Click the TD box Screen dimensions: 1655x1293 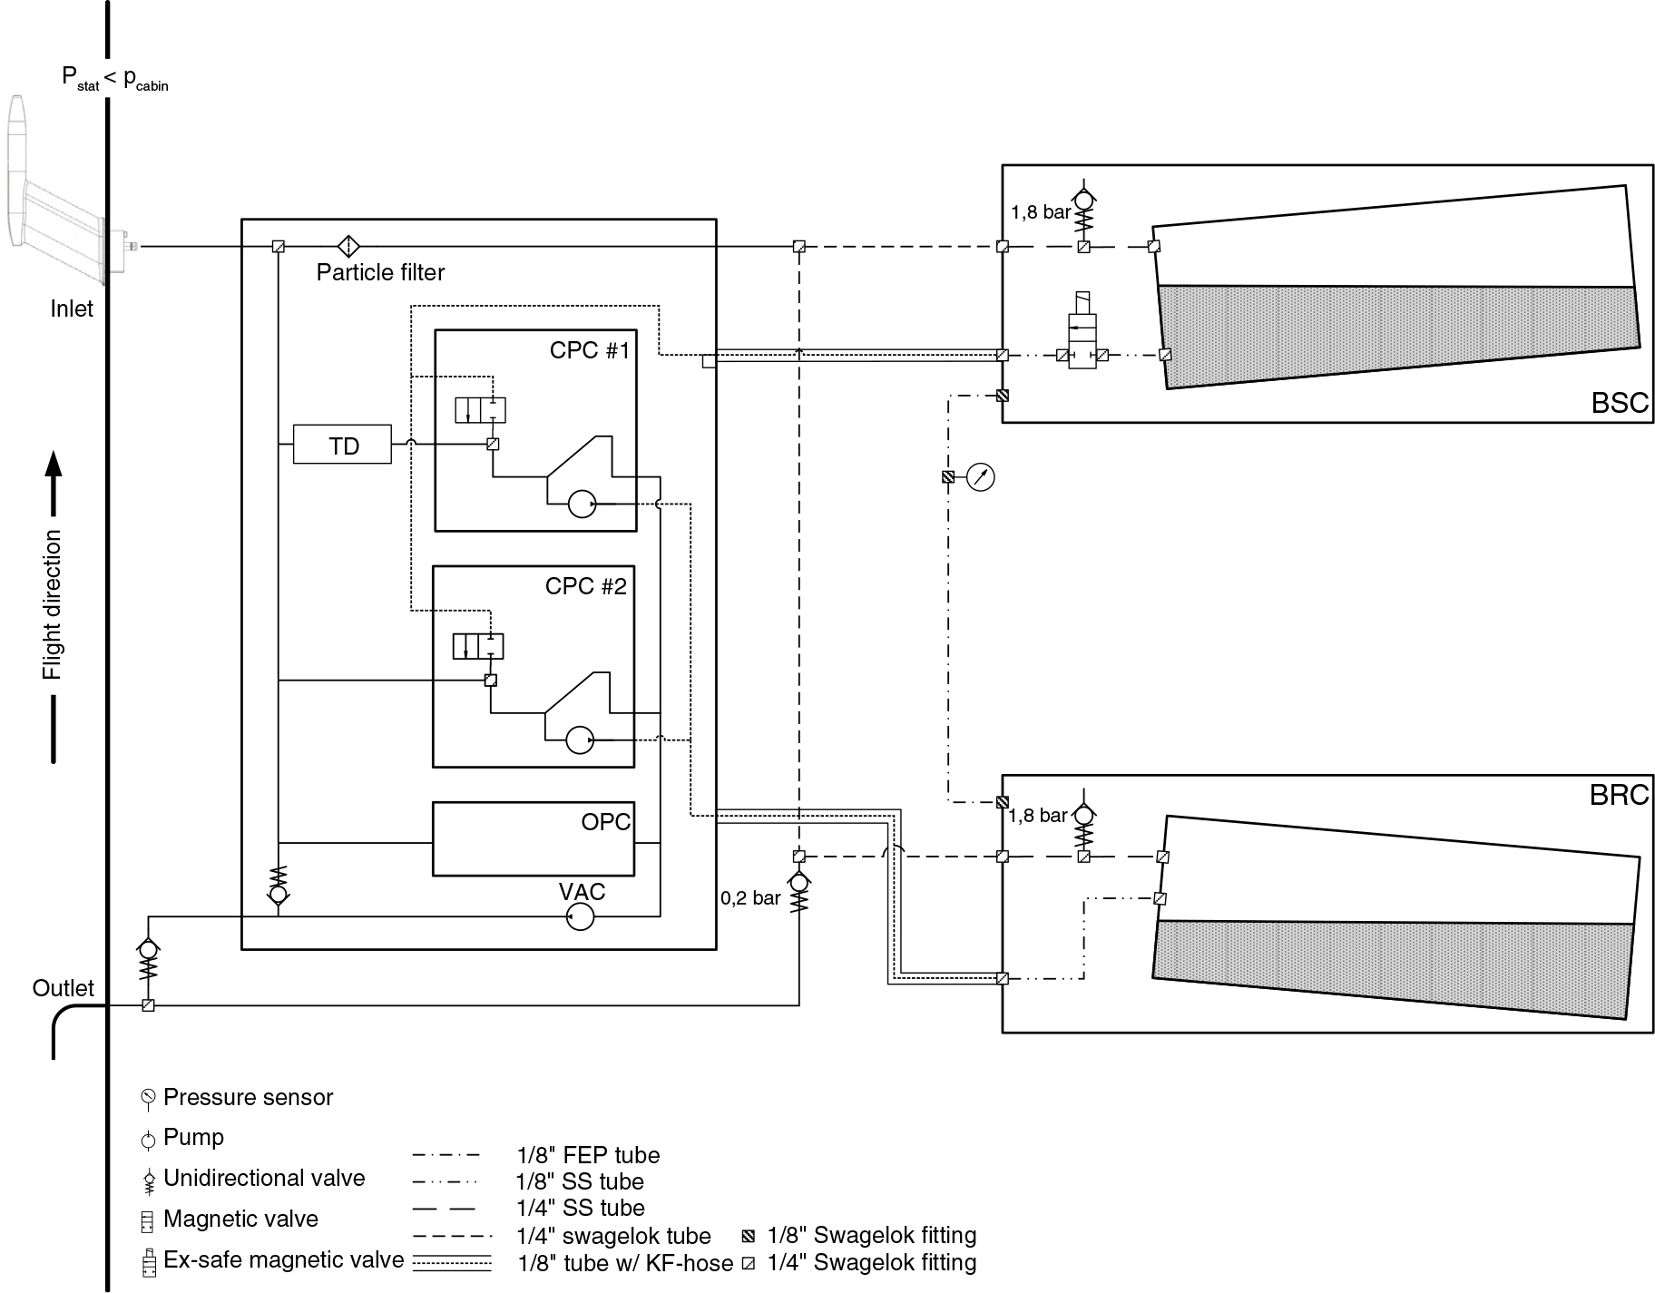coord(342,445)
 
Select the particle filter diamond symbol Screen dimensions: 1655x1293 coord(348,246)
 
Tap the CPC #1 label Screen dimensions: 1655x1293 coord(589,350)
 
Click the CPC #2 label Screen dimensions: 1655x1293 coord(585,586)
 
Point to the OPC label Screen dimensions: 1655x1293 coord(605,822)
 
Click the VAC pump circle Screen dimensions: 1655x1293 coord(580,918)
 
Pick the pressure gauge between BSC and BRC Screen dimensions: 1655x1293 coord(981,476)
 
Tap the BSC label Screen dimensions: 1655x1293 coord(1620,403)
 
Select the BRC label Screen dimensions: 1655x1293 coord(1619,795)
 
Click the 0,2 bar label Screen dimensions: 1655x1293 coord(750,898)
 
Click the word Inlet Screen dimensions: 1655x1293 coord(72,309)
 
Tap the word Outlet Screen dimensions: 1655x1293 coord(64,988)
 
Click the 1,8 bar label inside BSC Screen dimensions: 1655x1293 coord(1041,213)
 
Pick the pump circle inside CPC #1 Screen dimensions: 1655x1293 coord(582,504)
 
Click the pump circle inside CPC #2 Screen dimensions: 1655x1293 coord(580,740)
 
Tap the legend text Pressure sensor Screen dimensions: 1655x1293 coord(249,1098)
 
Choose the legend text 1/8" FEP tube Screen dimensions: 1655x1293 coord(588,1156)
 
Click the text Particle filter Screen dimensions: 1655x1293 coord(380,272)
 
